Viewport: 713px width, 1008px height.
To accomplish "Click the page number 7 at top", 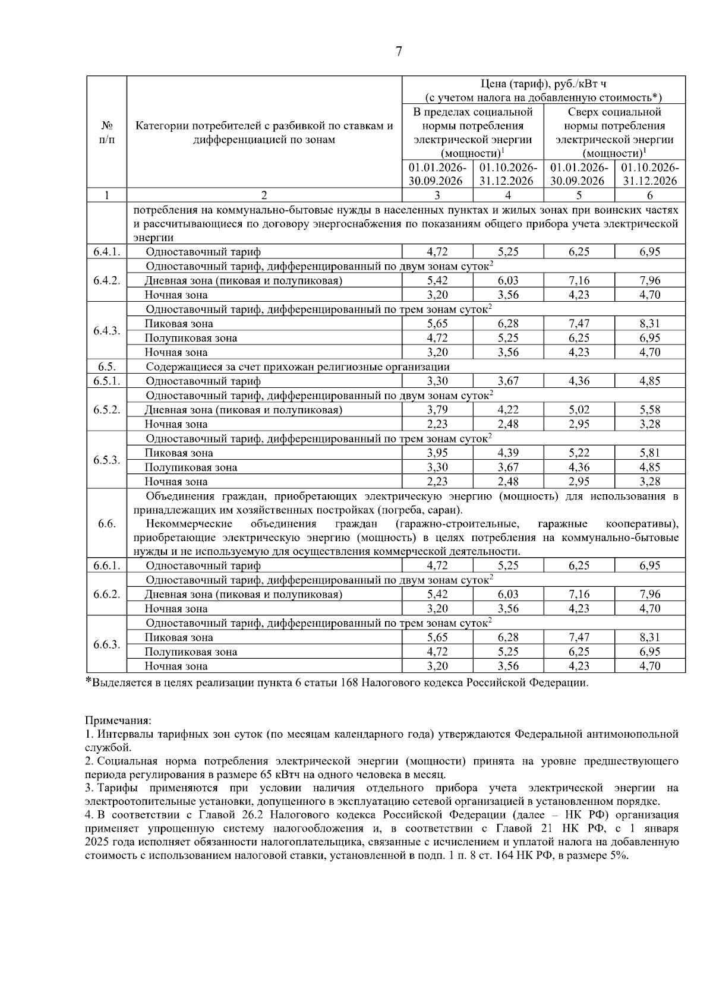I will tap(399, 52).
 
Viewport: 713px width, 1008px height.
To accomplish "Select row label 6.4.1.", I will tap(107, 252).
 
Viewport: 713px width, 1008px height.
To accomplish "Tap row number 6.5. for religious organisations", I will tap(107, 366).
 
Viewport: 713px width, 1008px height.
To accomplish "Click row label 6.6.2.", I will tap(107, 594).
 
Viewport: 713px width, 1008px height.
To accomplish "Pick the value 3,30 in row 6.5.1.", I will tap(437, 381).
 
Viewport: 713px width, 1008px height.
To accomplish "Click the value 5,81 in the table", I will tap(649, 453).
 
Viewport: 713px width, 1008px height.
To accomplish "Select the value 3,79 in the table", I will tap(437, 410).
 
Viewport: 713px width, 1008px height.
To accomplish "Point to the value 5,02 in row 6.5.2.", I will tap(579, 410).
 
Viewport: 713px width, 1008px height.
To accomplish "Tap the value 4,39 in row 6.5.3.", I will tap(508, 453).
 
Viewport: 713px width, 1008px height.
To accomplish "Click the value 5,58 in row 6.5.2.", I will tap(649, 410).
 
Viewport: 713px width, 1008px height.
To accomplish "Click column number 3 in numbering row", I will tap(437, 195).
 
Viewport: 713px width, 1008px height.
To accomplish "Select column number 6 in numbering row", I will tap(649, 195).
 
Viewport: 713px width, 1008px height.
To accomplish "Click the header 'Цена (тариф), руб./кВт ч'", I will tap(543, 84).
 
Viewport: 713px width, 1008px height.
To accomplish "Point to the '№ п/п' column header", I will tap(107, 132).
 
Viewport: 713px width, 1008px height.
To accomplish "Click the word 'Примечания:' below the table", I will tap(118, 721).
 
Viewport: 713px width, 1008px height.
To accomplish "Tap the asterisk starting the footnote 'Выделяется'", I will tap(89, 681).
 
